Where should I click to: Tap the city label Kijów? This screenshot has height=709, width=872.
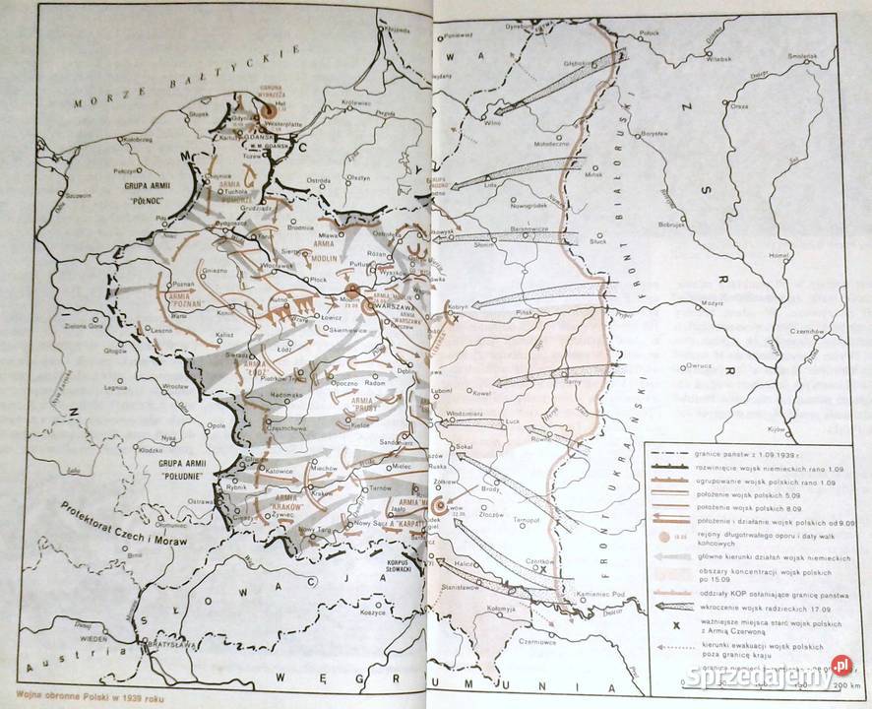click(x=777, y=429)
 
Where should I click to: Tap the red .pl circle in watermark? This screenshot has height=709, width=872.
click(x=840, y=665)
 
